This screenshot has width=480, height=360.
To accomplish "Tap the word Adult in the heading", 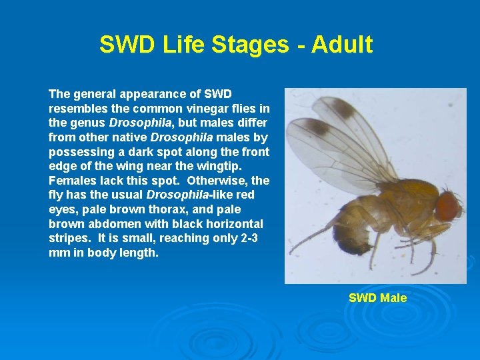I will pos(341,45).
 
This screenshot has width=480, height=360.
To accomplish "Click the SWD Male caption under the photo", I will pos(377,298).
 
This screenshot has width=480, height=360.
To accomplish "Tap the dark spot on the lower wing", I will pos(317,127).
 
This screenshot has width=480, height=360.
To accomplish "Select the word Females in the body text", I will pos(70,181).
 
